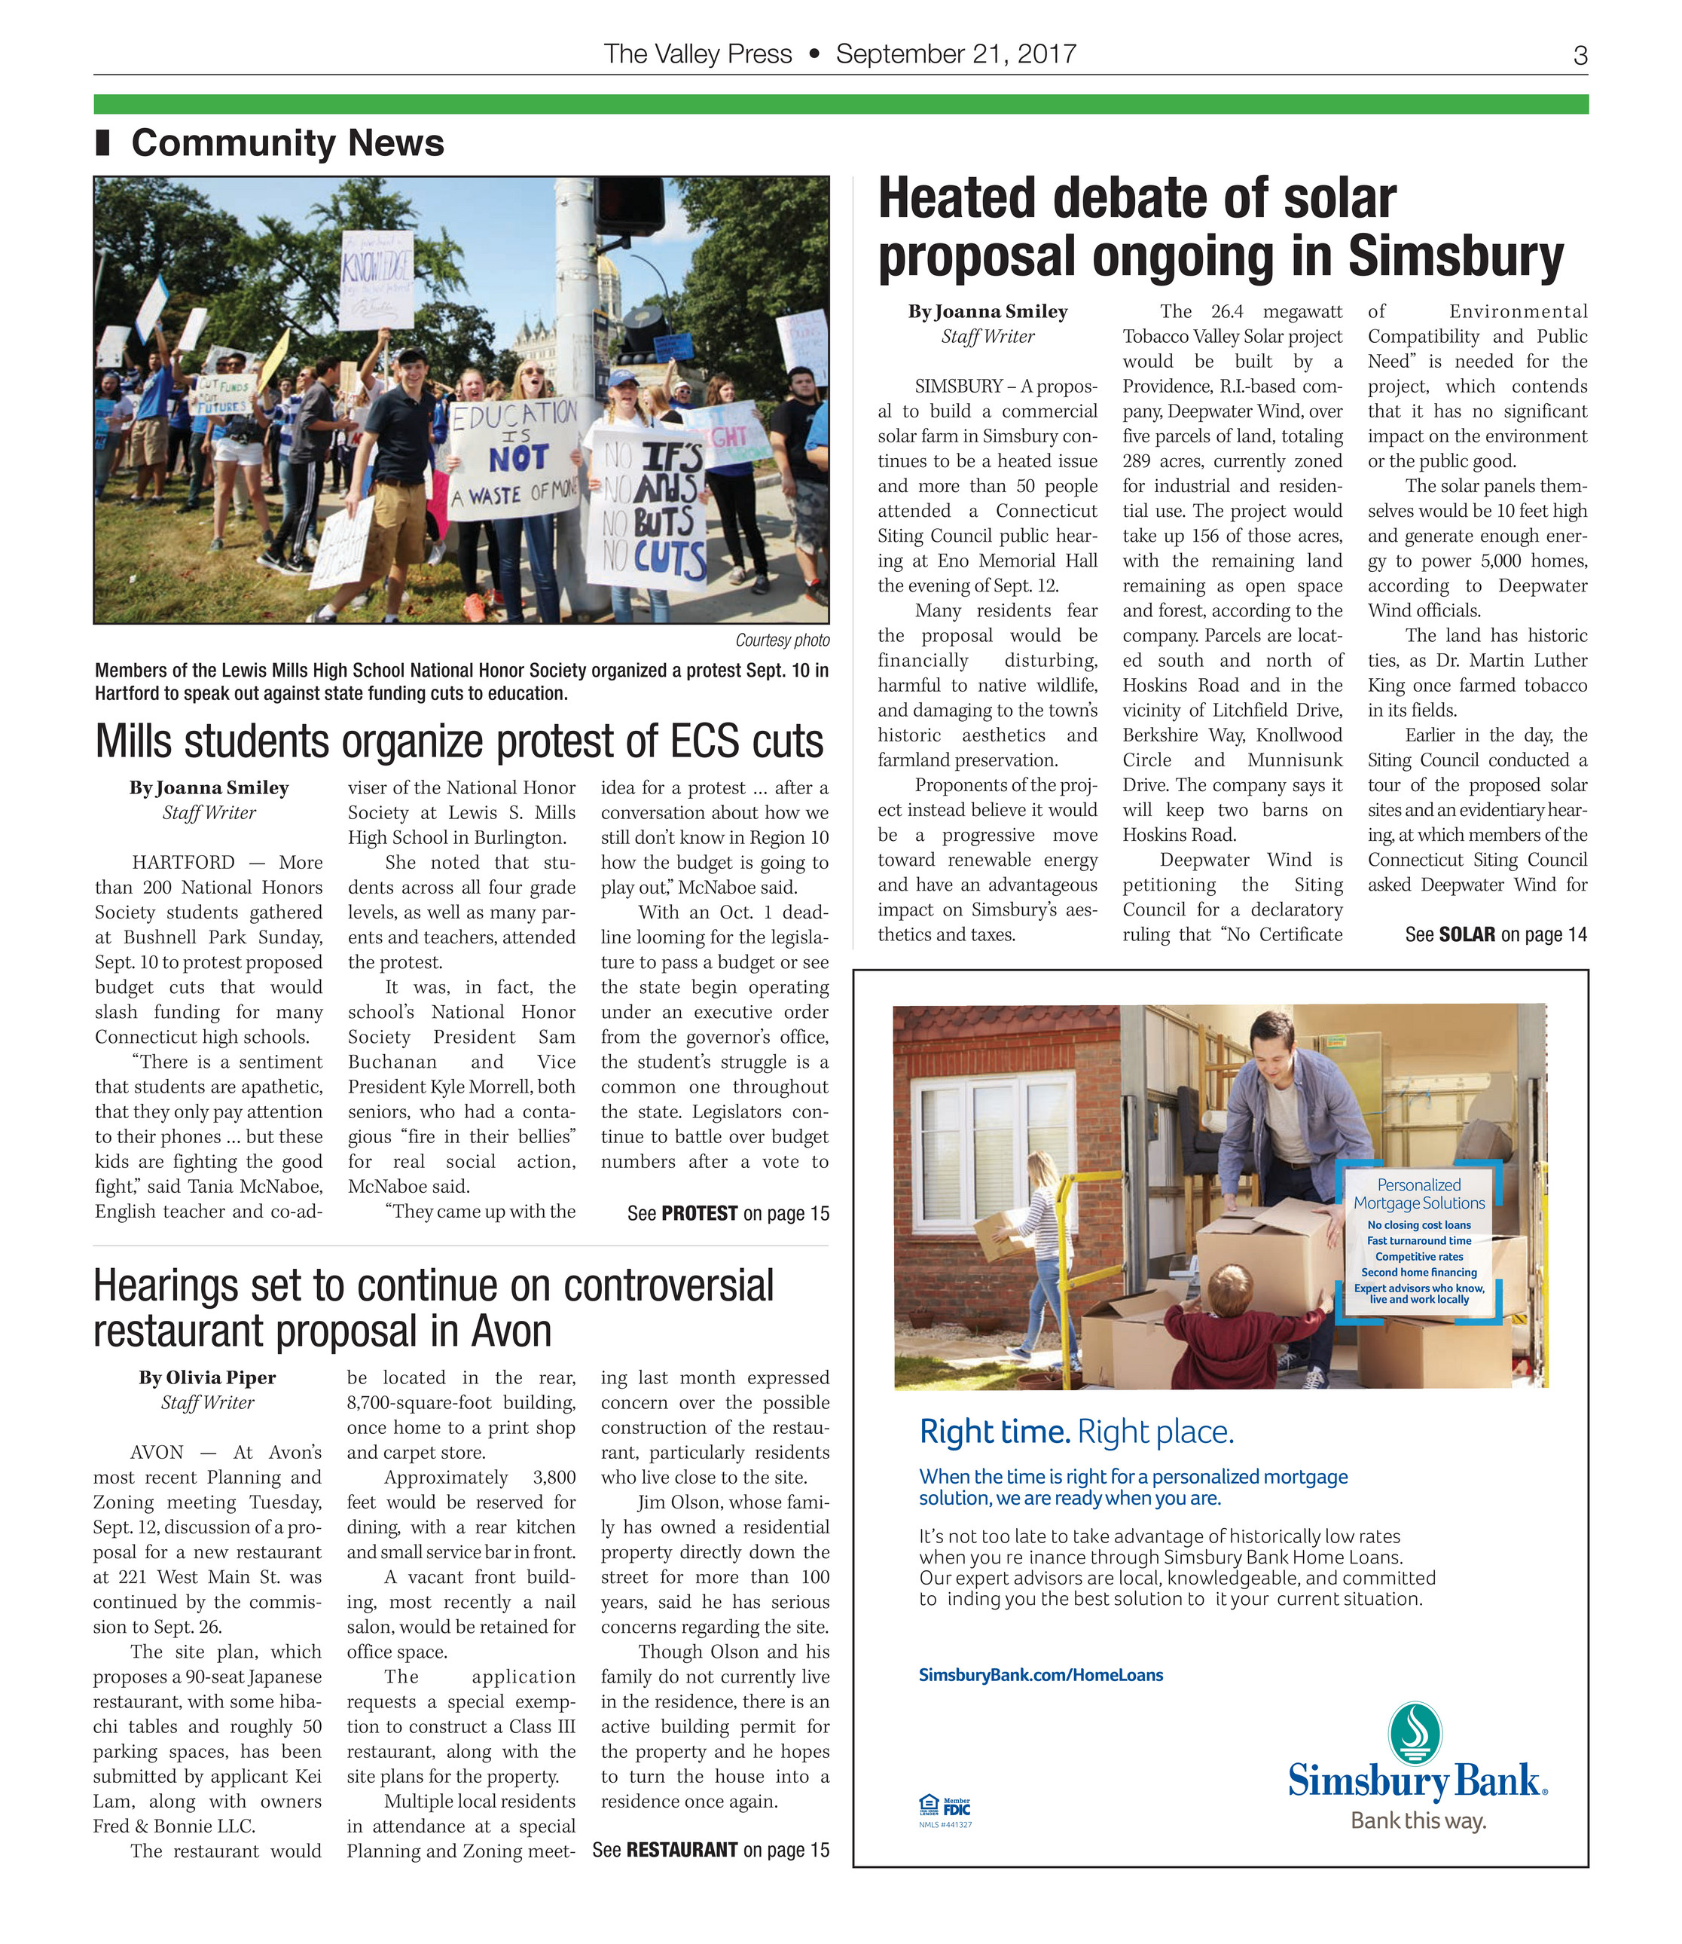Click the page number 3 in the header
(x=1580, y=56)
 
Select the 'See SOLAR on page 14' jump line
(x=1495, y=934)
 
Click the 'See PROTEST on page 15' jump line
(x=728, y=1213)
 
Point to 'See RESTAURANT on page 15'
(x=710, y=1849)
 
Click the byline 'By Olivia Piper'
(x=207, y=1377)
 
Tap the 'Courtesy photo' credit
(x=782, y=640)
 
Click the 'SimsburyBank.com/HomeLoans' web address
(x=1040, y=1674)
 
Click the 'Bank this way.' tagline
(x=1418, y=1821)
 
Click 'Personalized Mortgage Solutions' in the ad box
(x=1418, y=1194)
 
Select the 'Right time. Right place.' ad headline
(x=1076, y=1432)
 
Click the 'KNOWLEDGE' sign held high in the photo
(x=375, y=278)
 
